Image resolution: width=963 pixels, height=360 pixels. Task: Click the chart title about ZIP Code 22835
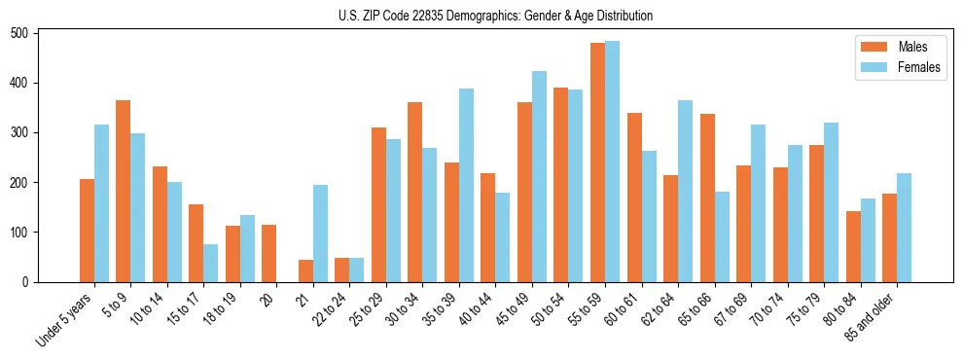[481, 16]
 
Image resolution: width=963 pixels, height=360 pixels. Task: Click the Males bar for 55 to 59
[597, 162]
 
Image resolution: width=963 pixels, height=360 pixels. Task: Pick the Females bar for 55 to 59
[612, 162]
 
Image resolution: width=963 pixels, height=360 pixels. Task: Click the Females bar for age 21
[320, 234]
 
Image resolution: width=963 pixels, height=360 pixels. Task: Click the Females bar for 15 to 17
[211, 263]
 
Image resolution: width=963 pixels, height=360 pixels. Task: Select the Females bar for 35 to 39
[466, 185]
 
